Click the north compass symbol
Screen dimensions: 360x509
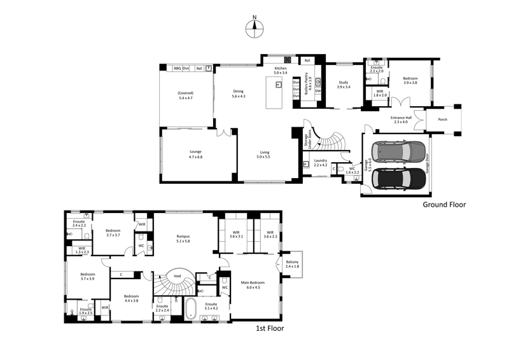click(x=254, y=26)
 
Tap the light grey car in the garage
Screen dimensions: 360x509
click(x=400, y=151)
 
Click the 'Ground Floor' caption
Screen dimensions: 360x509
click(x=445, y=205)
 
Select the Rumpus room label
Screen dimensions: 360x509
click(x=184, y=239)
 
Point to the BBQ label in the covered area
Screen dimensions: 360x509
click(x=178, y=68)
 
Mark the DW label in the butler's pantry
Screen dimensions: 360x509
click(x=317, y=91)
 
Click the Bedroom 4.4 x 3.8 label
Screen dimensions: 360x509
click(x=131, y=298)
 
